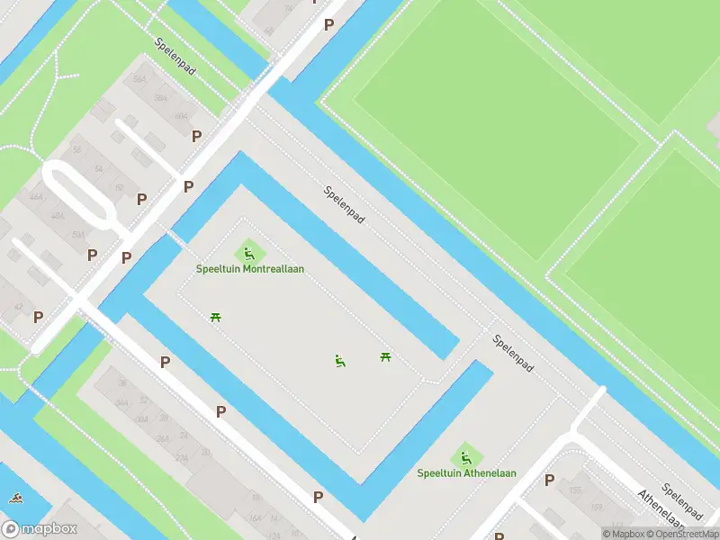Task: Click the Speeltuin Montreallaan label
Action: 250,269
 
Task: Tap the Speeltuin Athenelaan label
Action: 465,473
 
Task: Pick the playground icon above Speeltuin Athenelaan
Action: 465,456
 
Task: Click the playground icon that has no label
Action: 340,361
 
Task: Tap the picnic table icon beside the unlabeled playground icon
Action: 386,357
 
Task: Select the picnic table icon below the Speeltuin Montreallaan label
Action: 215,317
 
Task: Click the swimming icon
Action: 15,498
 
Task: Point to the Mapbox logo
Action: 40,529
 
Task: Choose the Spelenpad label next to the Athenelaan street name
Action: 680,500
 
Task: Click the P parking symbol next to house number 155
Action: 549,481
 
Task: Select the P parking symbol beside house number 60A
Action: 196,136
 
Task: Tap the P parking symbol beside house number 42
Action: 38,317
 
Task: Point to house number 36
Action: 121,383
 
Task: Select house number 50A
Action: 78,234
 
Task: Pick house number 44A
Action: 36,196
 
